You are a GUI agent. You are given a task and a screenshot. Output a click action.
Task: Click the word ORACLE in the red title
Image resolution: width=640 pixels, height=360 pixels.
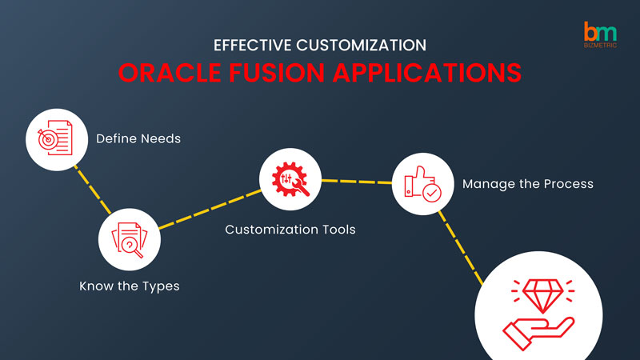[170, 73]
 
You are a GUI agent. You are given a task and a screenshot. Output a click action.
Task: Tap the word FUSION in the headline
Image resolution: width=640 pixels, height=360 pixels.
[276, 73]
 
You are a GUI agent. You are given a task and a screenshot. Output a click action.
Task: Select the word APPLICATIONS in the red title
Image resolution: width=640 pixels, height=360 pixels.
[427, 73]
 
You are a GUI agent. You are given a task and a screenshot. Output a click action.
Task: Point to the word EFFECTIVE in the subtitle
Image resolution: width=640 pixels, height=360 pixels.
[252, 46]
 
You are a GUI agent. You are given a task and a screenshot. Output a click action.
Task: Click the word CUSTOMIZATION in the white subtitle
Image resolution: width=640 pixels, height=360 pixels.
[362, 46]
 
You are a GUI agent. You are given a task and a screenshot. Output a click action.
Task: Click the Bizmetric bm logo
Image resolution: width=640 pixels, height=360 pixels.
[600, 34]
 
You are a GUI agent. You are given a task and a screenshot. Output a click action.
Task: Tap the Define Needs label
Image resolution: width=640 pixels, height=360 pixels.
[138, 138]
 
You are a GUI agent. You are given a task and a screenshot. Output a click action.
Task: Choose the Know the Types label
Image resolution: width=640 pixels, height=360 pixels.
[130, 286]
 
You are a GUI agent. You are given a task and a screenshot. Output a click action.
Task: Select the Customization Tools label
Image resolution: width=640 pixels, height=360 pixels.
[290, 230]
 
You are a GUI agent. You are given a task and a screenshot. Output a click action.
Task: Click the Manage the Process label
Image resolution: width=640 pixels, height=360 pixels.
[528, 184]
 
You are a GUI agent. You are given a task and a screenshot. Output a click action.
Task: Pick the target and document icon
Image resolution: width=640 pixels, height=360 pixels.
[55, 138]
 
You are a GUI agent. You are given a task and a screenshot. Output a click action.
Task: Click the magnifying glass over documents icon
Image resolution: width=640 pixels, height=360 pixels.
[130, 240]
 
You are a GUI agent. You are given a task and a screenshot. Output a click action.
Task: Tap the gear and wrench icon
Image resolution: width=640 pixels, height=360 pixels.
[290, 179]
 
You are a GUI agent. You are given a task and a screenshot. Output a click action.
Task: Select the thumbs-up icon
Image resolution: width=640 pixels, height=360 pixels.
[422, 184]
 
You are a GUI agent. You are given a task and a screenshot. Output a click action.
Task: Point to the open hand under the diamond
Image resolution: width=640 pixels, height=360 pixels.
[538, 332]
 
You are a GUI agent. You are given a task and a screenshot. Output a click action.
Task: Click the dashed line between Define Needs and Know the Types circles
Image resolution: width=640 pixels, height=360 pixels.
[92, 190]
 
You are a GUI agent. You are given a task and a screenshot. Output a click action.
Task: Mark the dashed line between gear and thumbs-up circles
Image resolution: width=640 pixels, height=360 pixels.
[357, 182]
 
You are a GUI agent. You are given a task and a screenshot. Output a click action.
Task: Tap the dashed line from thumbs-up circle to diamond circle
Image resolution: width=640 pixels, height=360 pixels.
[461, 247]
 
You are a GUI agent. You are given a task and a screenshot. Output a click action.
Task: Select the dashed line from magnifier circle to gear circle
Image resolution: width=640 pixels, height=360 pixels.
[210, 210]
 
